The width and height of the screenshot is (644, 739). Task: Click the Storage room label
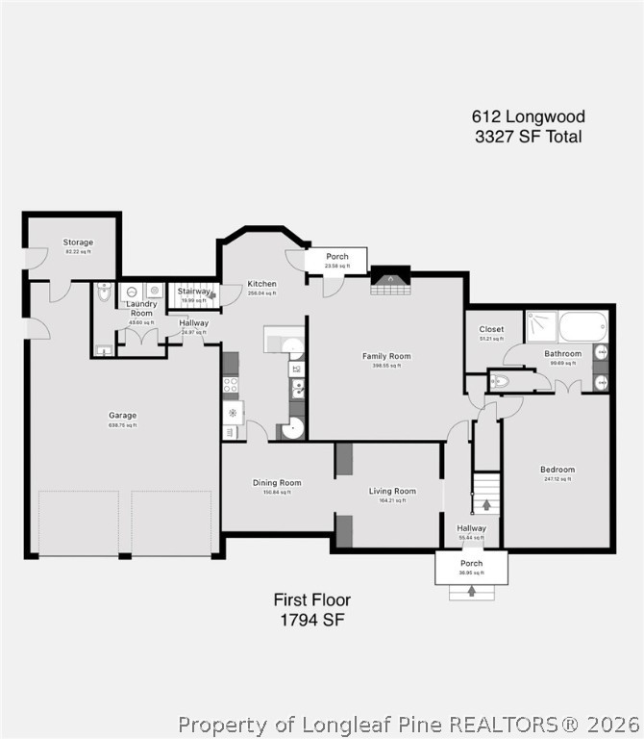[78, 242]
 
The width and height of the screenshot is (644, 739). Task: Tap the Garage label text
[122, 416]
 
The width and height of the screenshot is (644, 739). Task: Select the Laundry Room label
[141, 309]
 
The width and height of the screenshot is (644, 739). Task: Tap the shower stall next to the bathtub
[541, 326]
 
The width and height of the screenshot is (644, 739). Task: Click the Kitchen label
[261, 284]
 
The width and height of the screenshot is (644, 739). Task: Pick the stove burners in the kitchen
[231, 387]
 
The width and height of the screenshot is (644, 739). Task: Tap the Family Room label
[386, 356]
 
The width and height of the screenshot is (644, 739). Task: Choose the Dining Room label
[277, 483]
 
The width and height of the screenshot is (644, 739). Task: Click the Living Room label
[392, 492]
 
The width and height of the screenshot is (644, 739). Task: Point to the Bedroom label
[557, 470]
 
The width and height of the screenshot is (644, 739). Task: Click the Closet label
[491, 329]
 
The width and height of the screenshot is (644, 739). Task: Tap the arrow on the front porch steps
[471, 591]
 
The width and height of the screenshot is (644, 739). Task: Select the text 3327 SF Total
[528, 137]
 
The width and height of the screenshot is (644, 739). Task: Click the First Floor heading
[312, 600]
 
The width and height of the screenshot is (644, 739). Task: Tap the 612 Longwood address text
[528, 116]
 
